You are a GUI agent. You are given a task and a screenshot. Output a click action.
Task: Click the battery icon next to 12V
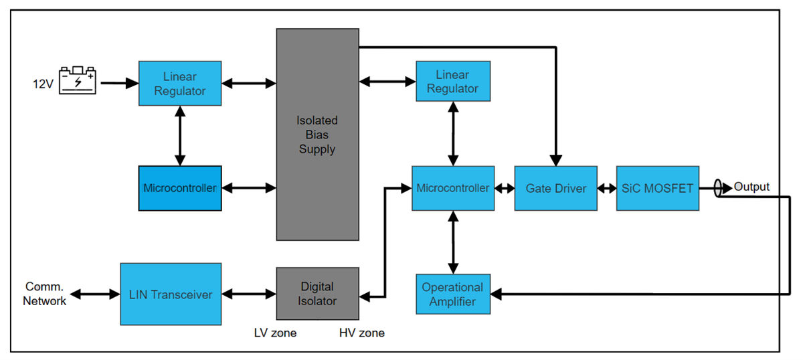coord(78,80)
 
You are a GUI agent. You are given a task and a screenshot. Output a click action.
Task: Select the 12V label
coord(43,84)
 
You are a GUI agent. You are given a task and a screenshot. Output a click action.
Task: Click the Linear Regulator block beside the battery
coord(179,83)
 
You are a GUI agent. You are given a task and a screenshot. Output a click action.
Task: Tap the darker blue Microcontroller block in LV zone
coord(179,188)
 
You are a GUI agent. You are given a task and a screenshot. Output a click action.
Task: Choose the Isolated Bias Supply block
coord(317,134)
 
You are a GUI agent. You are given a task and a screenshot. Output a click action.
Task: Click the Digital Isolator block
coord(317,294)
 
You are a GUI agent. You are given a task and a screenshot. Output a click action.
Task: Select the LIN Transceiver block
coord(170,294)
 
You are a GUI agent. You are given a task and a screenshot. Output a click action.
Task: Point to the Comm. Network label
coord(44,294)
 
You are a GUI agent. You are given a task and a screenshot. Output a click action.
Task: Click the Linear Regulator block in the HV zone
coord(452,82)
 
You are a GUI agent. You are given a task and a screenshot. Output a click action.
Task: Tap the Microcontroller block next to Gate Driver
coord(452,188)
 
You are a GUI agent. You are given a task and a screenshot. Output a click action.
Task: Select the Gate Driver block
coord(555,189)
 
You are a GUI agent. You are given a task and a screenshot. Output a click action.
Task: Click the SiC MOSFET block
coord(657,189)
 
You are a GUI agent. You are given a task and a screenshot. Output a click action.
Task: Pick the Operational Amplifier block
coord(452,294)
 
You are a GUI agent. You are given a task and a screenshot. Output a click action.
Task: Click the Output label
coord(751,187)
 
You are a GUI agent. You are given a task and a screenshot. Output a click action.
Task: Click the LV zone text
coord(275,333)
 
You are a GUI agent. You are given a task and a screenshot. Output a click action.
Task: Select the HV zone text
coord(362,333)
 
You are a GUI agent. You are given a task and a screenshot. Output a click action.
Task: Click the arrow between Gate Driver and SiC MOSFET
coord(606,189)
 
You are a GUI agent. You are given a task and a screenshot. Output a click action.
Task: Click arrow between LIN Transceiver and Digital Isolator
coord(248,294)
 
